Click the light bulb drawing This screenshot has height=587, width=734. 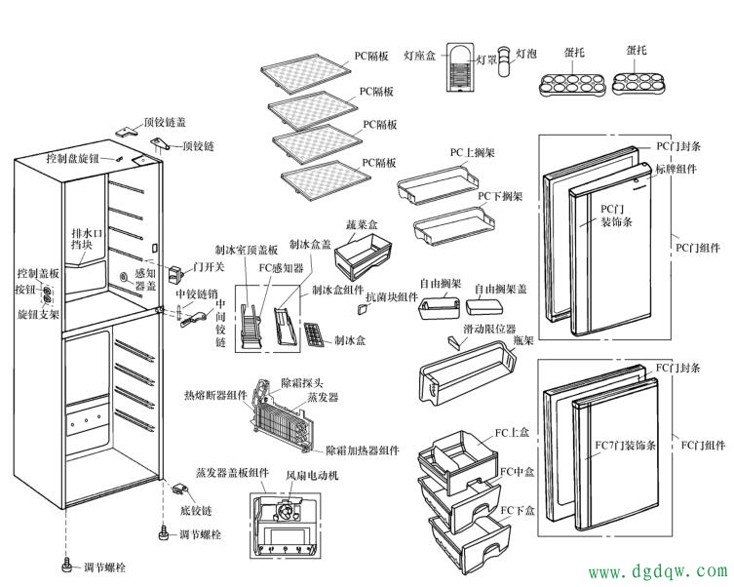[504, 60]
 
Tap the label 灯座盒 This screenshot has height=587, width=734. [419, 56]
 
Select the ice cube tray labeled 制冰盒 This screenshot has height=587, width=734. [315, 334]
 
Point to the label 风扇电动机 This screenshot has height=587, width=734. [312, 476]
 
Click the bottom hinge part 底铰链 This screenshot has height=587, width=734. [180, 489]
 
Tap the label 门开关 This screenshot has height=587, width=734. [209, 267]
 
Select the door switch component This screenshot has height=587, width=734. [175, 274]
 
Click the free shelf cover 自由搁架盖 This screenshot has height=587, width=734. [484, 307]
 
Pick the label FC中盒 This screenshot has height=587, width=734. [518, 472]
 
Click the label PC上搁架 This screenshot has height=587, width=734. [473, 153]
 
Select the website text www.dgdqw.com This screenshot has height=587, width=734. [658, 571]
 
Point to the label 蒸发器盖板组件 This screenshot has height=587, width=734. [232, 473]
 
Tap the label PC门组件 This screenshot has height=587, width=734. [698, 247]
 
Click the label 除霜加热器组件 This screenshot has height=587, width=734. [363, 450]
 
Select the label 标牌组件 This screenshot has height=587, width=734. [676, 169]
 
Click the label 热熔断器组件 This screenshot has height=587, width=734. [215, 396]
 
